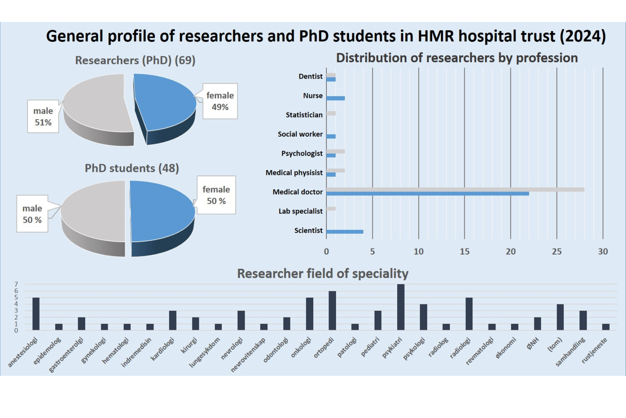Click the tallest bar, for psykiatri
(401, 307)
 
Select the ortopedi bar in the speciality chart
(332, 310)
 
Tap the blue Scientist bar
(344, 232)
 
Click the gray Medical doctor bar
(455, 190)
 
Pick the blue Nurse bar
(335, 98)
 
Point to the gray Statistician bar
(331, 114)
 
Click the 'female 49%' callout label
(220, 101)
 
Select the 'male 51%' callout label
(43, 116)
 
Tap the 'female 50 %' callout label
(216, 195)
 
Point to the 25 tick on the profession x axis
(556, 251)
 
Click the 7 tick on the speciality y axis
(16, 284)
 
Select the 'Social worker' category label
(300, 134)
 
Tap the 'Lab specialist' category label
(300, 211)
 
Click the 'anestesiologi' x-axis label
(23, 352)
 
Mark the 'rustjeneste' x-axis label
(595, 350)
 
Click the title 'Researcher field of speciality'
(323, 273)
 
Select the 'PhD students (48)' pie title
(132, 168)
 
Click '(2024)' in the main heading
(583, 36)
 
